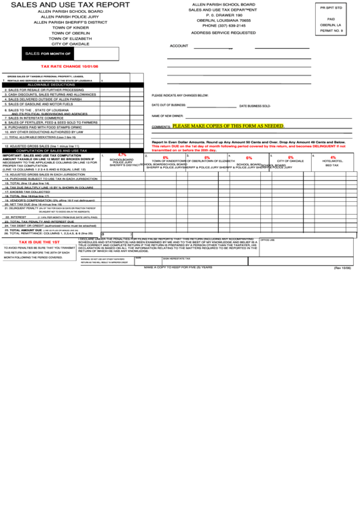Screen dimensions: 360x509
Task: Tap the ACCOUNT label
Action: (179, 46)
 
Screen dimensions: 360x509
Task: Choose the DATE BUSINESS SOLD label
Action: (255, 106)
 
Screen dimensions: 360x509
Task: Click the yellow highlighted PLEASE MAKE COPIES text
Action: (228, 126)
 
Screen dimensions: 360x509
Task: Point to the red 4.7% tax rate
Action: (122, 155)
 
